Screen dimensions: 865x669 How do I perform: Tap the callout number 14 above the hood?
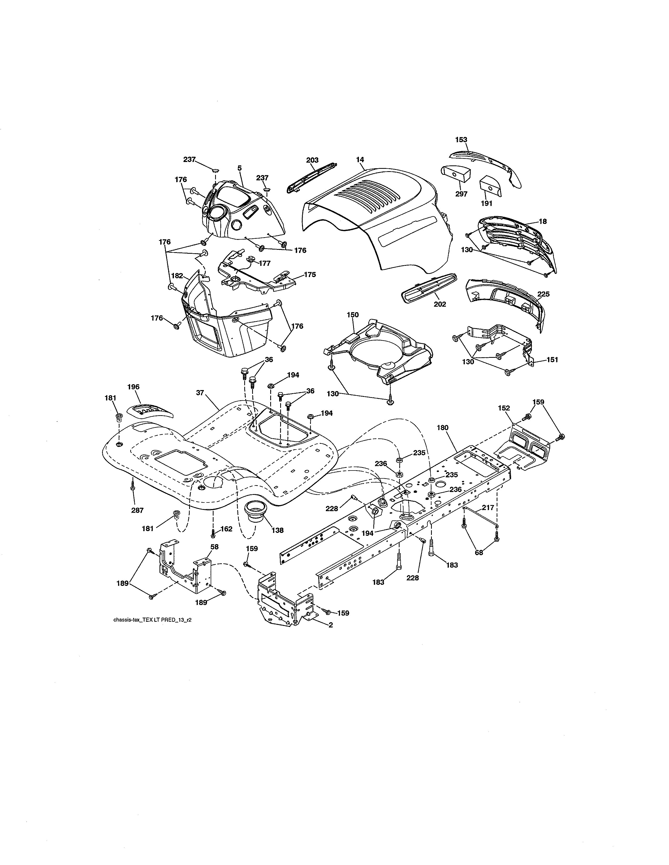[360, 160]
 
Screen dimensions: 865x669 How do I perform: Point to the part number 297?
[461, 194]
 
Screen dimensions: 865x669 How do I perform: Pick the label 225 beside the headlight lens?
[543, 294]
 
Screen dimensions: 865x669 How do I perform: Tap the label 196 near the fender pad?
[133, 387]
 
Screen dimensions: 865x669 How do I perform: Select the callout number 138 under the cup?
[277, 530]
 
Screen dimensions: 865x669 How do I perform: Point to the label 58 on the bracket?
[214, 547]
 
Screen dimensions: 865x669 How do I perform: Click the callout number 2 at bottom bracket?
[331, 625]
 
